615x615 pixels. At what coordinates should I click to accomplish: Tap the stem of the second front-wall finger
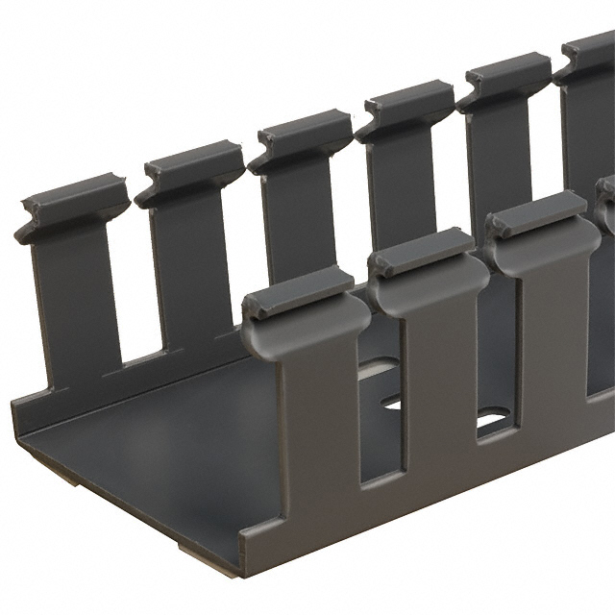coord(438,375)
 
